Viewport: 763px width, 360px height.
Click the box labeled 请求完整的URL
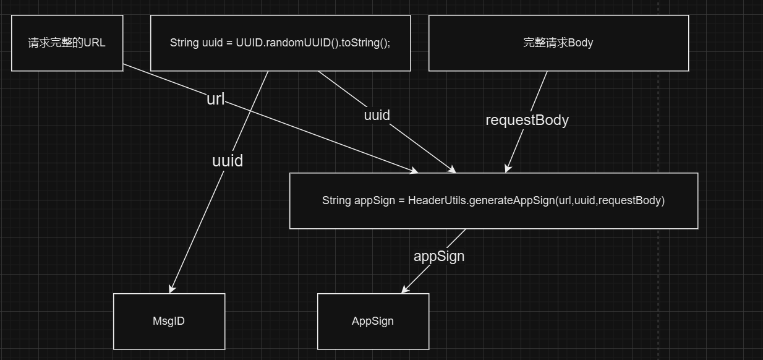67,43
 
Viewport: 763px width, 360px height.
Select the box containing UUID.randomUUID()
280,43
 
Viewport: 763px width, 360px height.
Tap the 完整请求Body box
558,43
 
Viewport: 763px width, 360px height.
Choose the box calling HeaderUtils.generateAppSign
493,201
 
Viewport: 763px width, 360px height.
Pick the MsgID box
169,321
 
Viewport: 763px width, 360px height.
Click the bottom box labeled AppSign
373,321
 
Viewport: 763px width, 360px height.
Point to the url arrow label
215,99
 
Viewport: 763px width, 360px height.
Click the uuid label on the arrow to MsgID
228,161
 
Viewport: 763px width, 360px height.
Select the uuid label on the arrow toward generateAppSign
377,115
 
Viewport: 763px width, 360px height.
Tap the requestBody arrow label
527,120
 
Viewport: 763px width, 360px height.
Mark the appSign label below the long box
439,256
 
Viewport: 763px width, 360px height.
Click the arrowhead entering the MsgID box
171,289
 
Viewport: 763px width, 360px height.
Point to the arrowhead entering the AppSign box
405,290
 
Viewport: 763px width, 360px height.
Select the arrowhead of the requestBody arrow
507,168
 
